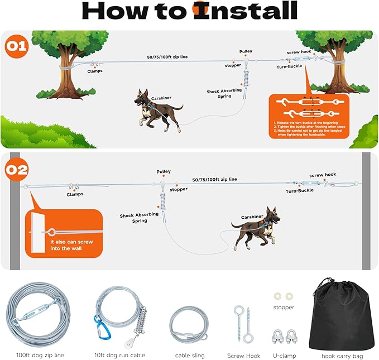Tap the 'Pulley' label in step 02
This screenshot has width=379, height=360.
pos(164,172)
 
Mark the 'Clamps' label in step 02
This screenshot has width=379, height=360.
pos(75,194)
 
